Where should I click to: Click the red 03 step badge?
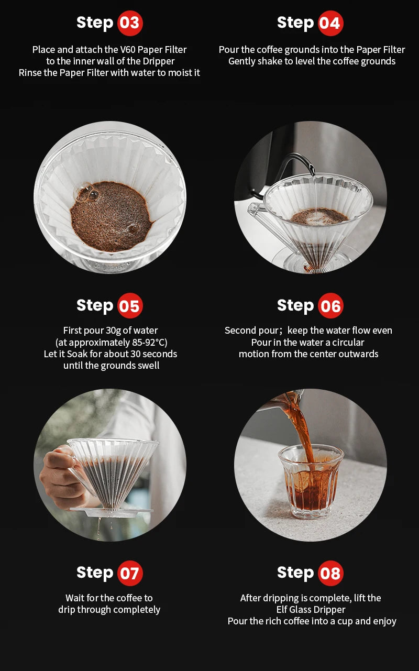point(130,23)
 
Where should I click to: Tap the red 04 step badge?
point(330,23)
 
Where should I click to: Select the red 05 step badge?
point(130,305)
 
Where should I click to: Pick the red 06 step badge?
point(330,305)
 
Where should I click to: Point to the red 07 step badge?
point(130,573)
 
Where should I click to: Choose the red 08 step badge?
point(330,573)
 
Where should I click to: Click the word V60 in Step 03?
point(128,49)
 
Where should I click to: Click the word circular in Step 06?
point(348,342)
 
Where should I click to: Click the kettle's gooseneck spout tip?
point(313,173)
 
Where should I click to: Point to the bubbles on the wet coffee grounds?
point(88,193)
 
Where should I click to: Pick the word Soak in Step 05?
point(78,354)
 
